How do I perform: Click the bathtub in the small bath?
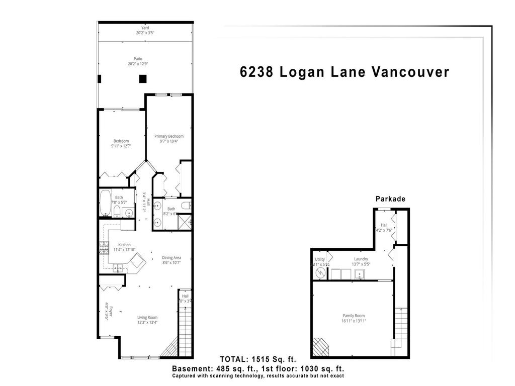coord(106,203)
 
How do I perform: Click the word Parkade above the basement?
coord(390,199)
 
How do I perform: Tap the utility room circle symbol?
coord(320,272)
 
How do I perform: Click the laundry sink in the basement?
coord(360,274)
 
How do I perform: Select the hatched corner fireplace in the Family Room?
coord(320,346)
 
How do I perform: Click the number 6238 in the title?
coord(256,72)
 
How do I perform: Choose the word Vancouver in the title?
coord(410,72)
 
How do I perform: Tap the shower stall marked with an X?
coord(186,221)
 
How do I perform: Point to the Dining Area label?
coord(171,258)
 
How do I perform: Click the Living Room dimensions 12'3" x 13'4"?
coord(147,323)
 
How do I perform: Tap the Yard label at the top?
coord(145,28)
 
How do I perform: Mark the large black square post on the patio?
coord(143,78)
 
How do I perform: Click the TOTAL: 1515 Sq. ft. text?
coord(258,359)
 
